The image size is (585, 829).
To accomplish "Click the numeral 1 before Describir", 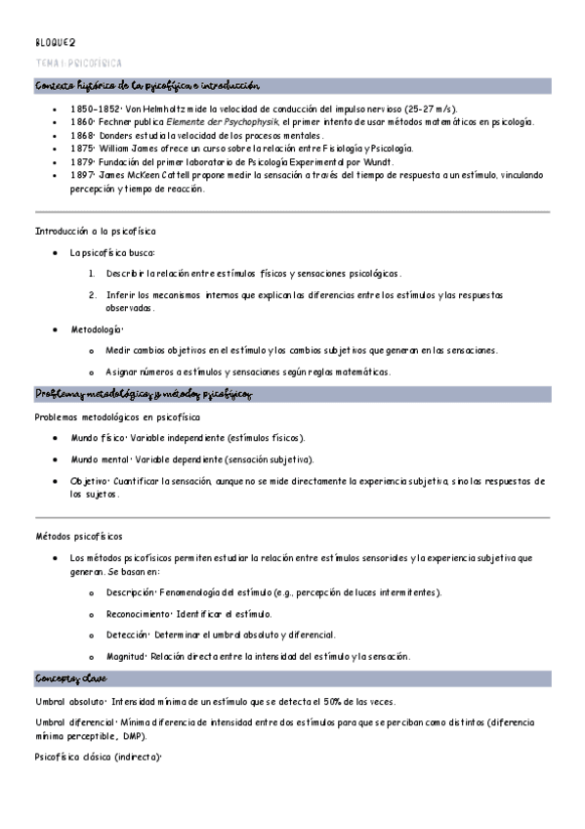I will click(x=91, y=273).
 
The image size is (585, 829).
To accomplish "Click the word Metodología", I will click(x=95, y=329).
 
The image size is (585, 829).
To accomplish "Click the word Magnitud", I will click(x=126, y=656).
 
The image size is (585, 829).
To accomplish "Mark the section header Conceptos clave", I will click(x=71, y=678).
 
